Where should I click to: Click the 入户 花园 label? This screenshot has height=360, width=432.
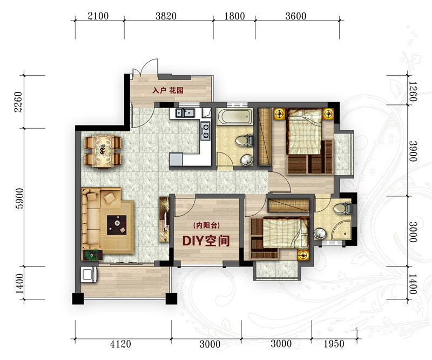[x=168, y=90]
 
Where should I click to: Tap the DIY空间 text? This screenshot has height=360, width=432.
[x=206, y=241]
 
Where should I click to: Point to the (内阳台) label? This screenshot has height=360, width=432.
[x=207, y=225]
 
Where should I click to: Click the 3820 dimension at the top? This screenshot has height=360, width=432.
[x=166, y=16]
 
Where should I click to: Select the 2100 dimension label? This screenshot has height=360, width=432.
[x=98, y=16]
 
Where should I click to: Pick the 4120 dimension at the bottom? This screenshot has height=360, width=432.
[x=120, y=344]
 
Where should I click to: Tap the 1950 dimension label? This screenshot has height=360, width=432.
[x=334, y=344]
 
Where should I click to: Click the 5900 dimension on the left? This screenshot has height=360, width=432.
[x=20, y=198]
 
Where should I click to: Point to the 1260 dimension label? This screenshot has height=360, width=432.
[x=413, y=91]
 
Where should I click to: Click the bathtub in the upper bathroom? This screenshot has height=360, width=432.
[x=234, y=117]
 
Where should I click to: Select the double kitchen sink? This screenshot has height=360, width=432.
[x=185, y=113]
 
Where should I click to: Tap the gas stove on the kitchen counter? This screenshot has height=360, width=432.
[x=206, y=131]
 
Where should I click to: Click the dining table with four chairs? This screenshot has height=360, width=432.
[x=103, y=151]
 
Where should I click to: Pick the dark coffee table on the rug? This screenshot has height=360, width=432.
[x=117, y=225]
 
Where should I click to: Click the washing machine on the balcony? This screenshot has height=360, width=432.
[x=89, y=275]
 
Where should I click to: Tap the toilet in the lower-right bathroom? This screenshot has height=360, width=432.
[x=342, y=208]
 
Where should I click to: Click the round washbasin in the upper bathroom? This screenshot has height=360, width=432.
[x=247, y=159]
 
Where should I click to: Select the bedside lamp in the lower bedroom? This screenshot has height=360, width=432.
[x=303, y=255]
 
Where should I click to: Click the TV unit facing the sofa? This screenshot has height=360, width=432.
[x=164, y=219]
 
